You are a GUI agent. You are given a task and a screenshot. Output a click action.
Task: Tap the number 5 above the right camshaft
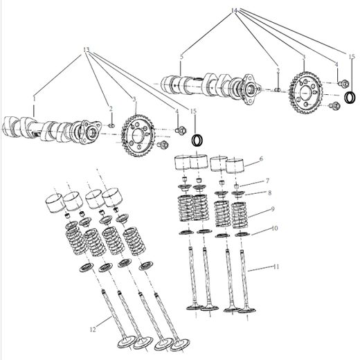click(181, 55)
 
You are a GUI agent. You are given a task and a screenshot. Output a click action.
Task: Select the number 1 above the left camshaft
click(32, 100)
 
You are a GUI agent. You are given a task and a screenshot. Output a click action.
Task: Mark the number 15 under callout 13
click(193, 111)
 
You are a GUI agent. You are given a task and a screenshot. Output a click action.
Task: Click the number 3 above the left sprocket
click(134, 100)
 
